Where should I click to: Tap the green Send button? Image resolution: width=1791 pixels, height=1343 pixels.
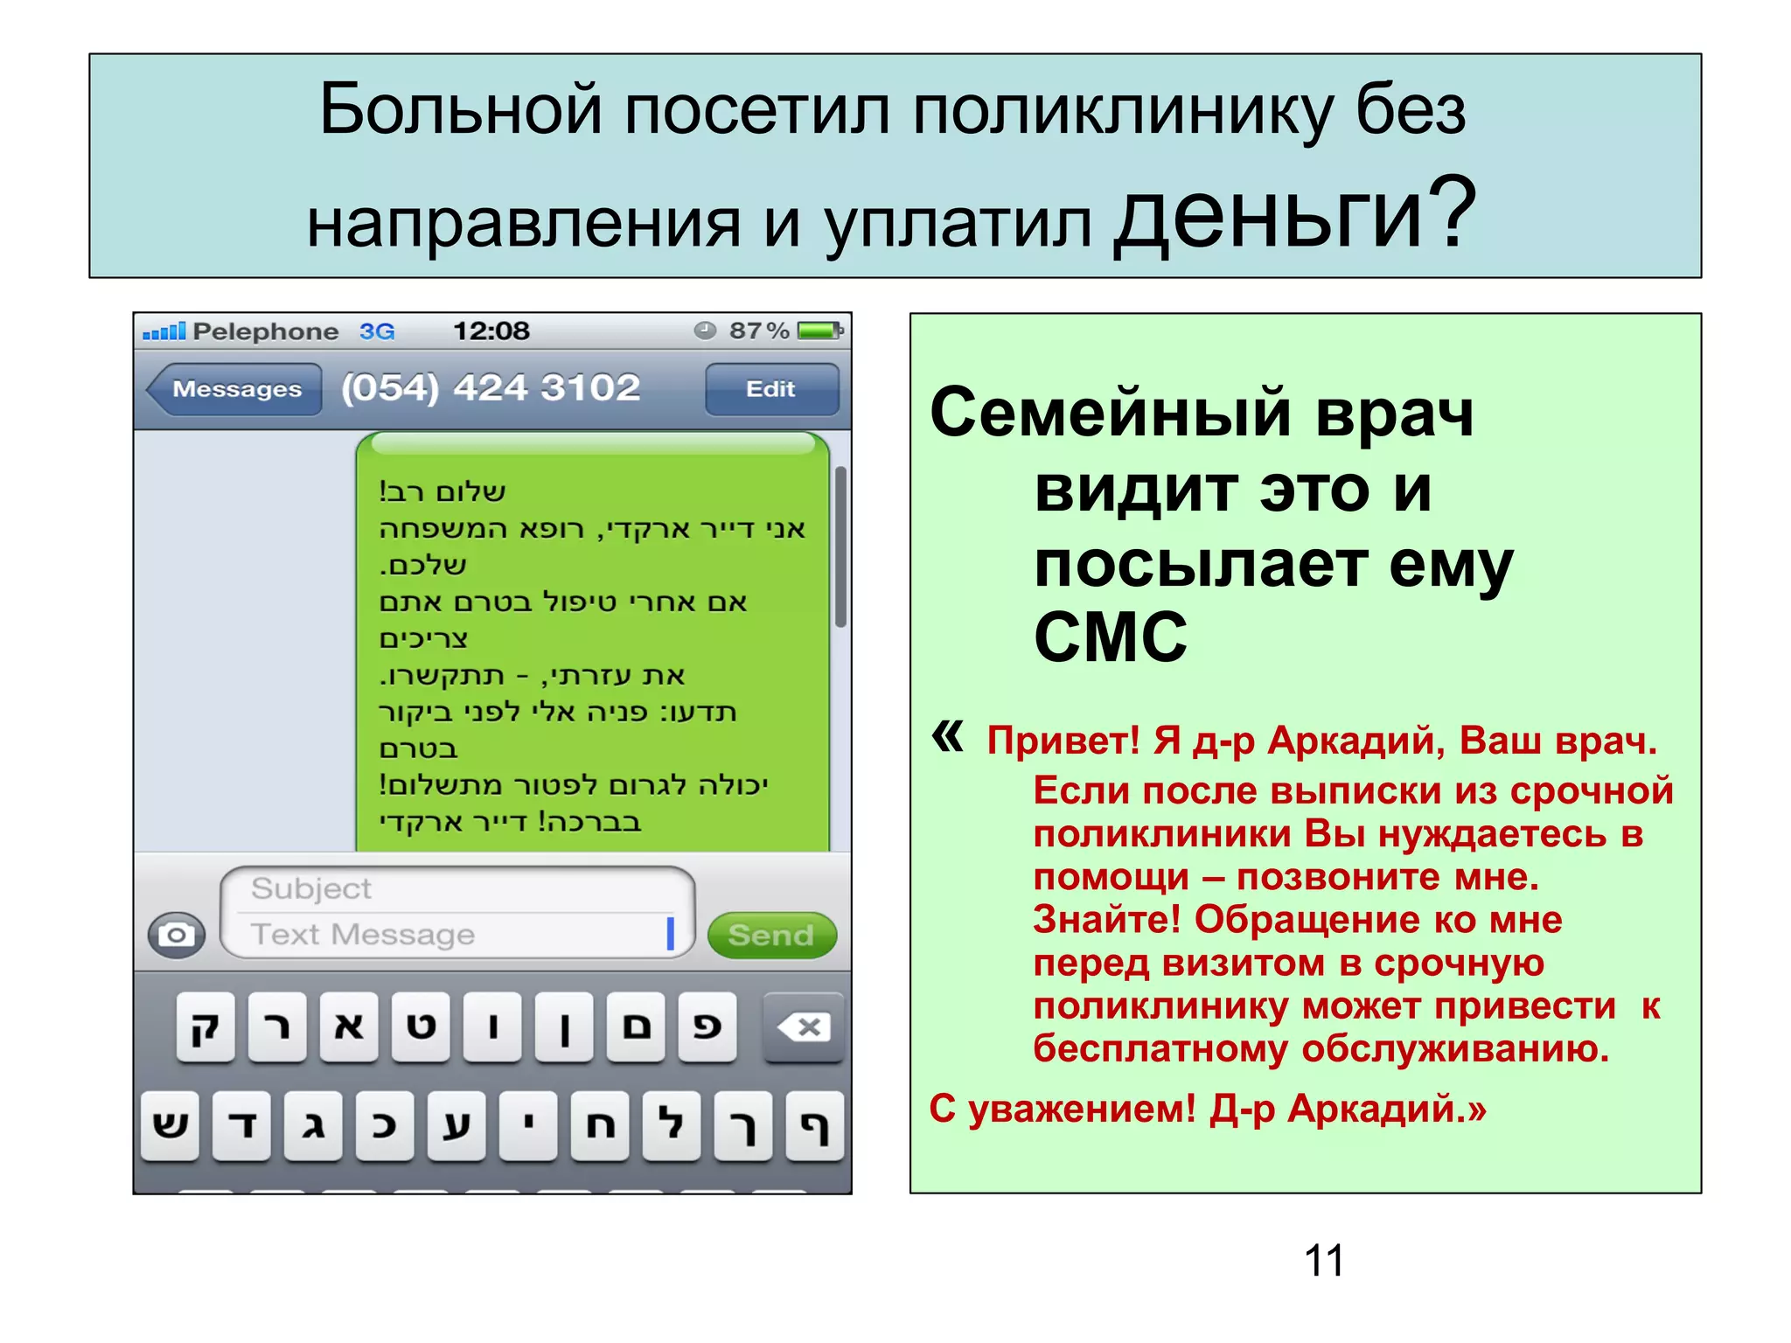pos(771,935)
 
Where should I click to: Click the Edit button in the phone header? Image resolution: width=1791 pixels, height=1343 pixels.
pos(771,389)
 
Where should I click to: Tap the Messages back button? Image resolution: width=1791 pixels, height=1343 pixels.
pos(234,389)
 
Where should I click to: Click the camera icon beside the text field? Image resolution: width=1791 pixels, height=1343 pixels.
pos(177,935)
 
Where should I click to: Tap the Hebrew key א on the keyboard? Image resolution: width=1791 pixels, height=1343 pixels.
pos(349,1026)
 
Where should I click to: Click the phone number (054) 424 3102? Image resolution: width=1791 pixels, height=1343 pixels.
pos(491,387)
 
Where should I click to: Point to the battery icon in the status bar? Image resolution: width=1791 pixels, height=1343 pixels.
pos(819,331)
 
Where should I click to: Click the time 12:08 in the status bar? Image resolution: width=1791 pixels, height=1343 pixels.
pos(491,331)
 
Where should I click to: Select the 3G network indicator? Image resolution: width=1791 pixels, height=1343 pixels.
pos(377,331)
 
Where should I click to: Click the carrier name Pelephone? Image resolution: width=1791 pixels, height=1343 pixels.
pos(266,331)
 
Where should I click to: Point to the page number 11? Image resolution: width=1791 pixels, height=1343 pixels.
pos(1324,1260)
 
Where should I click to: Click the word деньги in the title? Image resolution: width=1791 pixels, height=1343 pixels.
pos(1274,214)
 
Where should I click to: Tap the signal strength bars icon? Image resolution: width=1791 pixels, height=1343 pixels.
pos(164,331)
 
